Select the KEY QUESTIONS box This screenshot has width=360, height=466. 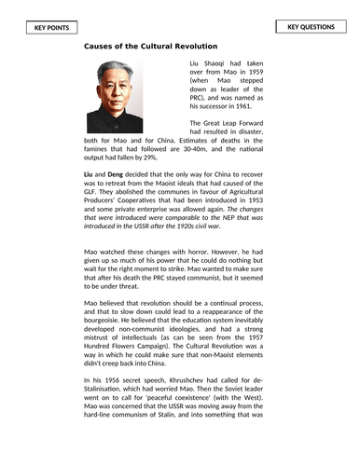click(x=312, y=27)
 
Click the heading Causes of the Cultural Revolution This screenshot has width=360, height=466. click(x=151, y=46)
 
